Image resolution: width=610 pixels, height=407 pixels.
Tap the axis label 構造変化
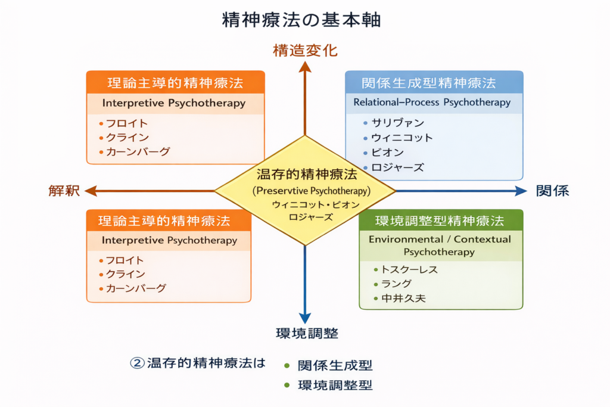(x=305, y=51)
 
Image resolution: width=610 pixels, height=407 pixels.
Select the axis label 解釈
(x=64, y=191)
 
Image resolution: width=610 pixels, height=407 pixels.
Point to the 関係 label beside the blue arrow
(x=552, y=191)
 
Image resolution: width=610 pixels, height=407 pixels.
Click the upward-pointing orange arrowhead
(x=305, y=66)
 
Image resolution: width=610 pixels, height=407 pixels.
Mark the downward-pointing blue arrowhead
(x=305, y=318)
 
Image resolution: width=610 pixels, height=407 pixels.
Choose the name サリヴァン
(x=398, y=123)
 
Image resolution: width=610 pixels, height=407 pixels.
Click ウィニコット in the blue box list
(x=402, y=138)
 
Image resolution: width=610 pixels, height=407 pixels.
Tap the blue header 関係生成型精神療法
(x=428, y=83)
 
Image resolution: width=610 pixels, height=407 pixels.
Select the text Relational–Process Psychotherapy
(x=432, y=102)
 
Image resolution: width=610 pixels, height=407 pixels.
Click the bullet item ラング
(x=393, y=284)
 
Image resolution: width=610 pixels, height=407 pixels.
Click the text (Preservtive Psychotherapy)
(x=312, y=191)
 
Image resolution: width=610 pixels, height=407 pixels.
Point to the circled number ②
(x=137, y=363)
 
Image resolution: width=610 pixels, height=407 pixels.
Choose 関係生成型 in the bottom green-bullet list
(x=335, y=365)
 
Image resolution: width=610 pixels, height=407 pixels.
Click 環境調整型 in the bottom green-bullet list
(x=335, y=385)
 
